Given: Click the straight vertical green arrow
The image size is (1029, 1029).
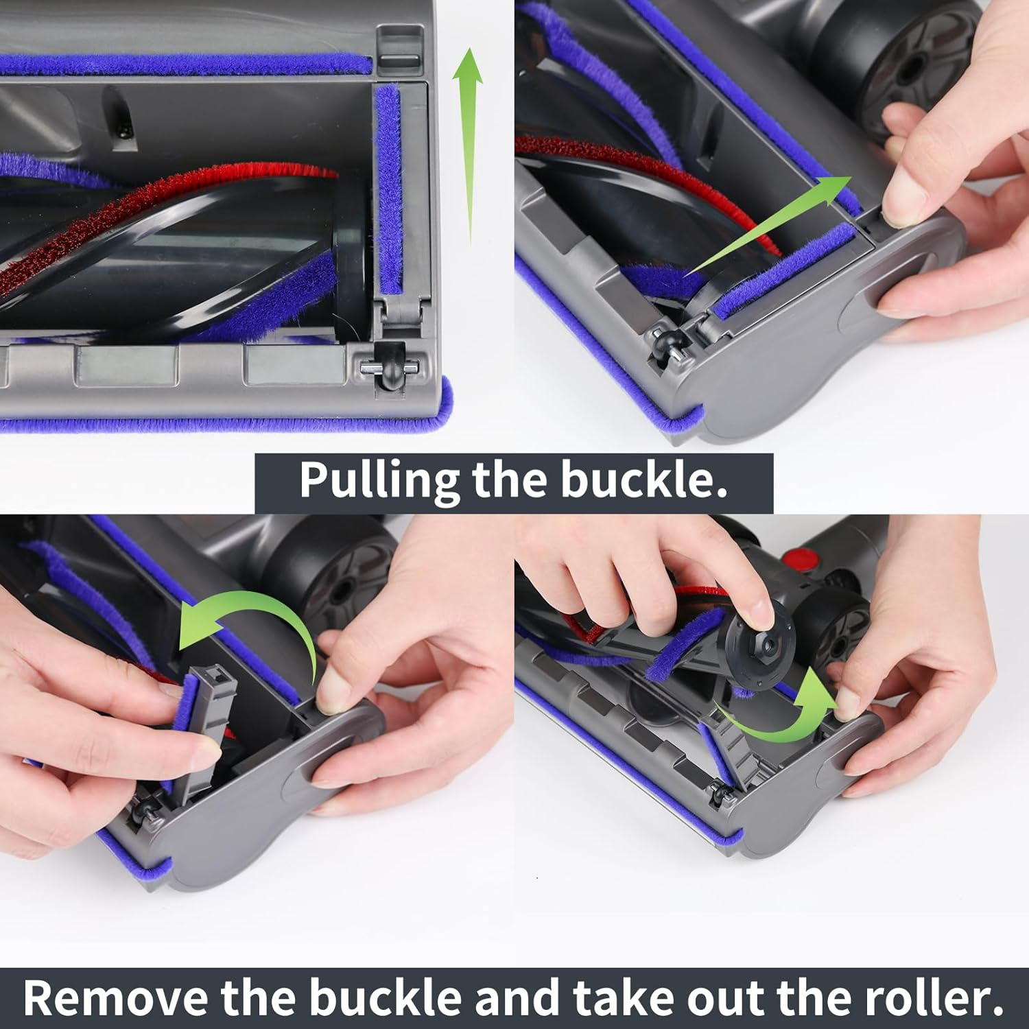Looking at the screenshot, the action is point(469,144).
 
